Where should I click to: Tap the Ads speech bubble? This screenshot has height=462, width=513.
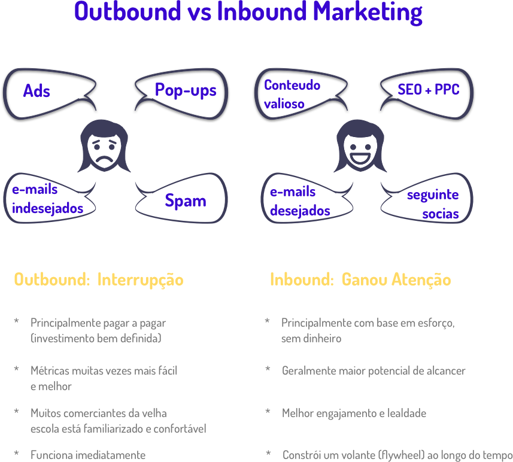[x=37, y=91]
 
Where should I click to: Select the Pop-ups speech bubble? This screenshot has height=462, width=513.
[x=185, y=90]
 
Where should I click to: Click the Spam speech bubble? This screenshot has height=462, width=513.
[x=185, y=201]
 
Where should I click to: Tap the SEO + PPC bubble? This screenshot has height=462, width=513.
[x=427, y=90]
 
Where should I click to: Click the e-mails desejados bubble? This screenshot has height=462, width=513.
[x=300, y=202]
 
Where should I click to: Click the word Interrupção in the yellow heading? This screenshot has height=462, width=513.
[x=140, y=280]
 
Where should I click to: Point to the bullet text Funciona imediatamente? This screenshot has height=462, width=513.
[x=88, y=455]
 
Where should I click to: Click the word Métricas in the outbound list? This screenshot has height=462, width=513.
[x=48, y=371]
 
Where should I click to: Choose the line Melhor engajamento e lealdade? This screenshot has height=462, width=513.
[x=354, y=413]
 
